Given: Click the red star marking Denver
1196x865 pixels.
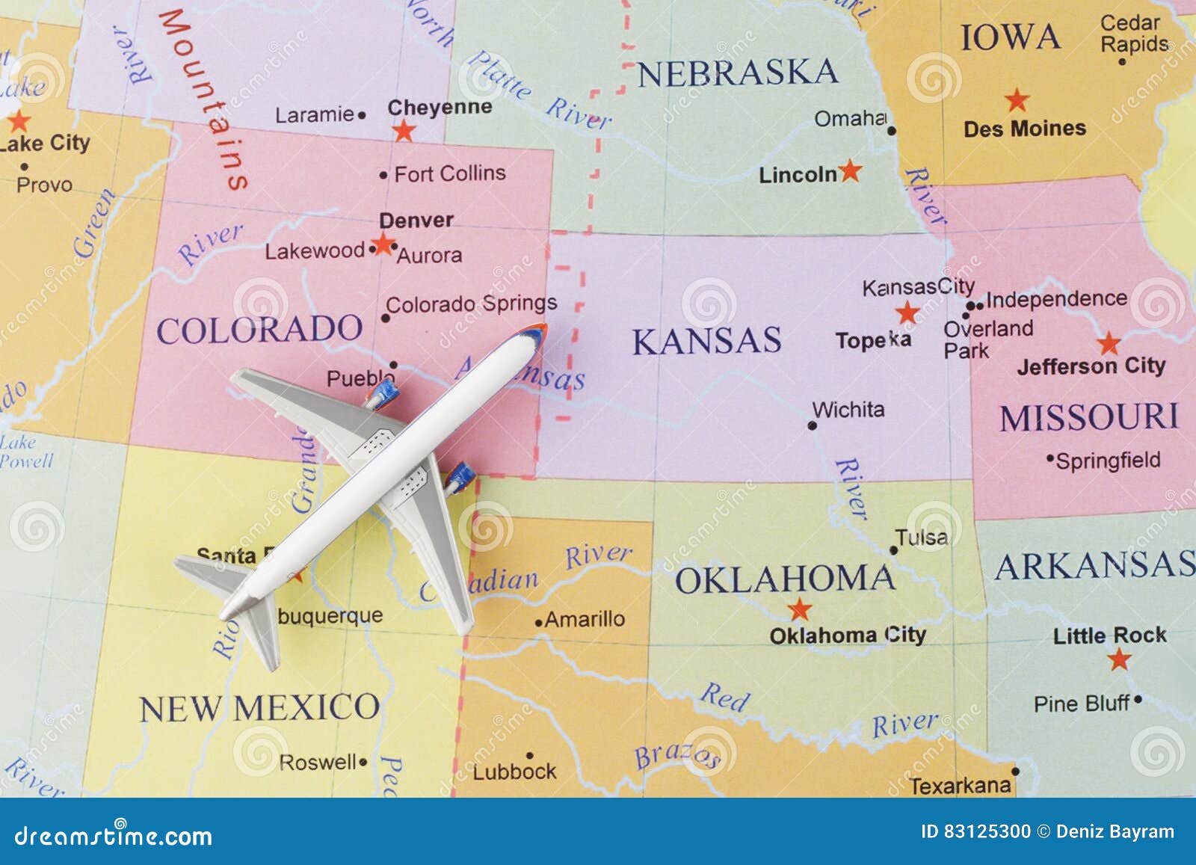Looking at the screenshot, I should coord(383,244).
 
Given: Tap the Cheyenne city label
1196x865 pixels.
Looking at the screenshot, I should coord(440,108).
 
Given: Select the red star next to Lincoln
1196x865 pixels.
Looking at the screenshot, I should coord(850,171).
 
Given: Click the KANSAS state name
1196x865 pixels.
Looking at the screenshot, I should coord(706,341).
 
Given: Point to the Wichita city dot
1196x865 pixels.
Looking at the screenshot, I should coord(813,425).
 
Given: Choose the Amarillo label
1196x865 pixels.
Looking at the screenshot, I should coord(585,619).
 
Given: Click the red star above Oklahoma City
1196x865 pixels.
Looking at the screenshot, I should coord(800,609).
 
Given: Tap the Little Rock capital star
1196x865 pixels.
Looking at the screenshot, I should coord(1119,659).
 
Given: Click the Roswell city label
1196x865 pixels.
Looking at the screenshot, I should coord(318,763).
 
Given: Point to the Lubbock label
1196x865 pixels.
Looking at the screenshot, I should coord(514,771).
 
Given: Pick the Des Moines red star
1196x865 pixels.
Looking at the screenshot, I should coord(1017,100).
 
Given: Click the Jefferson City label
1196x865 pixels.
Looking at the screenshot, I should coord(1091,366).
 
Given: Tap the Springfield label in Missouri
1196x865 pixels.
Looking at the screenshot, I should coord(1108,461).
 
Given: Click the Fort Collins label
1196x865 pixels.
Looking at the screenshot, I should coord(450,173).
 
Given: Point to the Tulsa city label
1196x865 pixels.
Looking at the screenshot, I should coord(922,538).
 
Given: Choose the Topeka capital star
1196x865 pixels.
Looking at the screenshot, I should coord(907,313).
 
